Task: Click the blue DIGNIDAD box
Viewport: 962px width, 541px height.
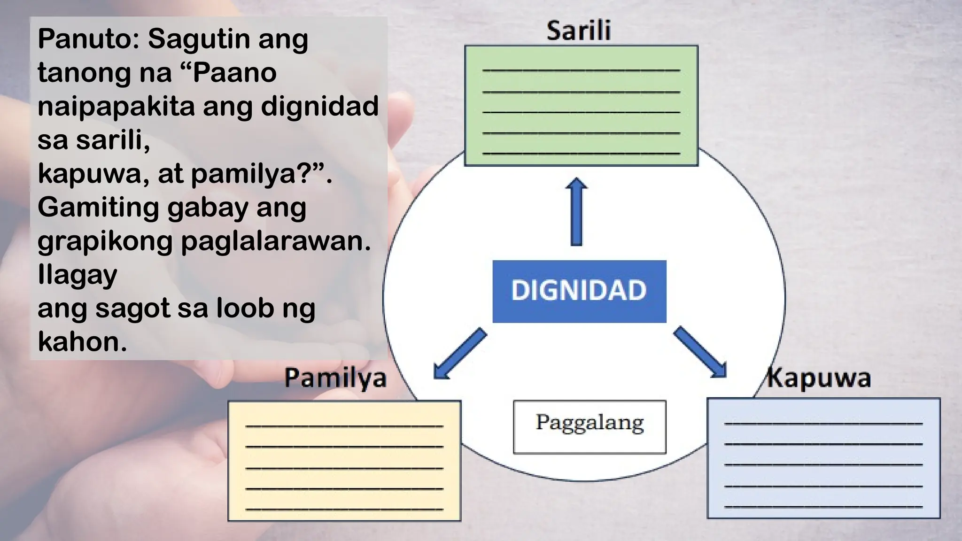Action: [x=579, y=291]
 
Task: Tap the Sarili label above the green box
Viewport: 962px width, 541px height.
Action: [x=579, y=31]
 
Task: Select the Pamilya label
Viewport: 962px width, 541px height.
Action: [x=335, y=379]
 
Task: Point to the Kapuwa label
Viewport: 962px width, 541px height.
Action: [x=819, y=379]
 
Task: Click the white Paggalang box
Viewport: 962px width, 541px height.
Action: [x=590, y=426]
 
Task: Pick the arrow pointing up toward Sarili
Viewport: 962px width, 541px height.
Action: [x=576, y=211]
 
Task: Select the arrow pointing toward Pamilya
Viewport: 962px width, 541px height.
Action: [x=459, y=354]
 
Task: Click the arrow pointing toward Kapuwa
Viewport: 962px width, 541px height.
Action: [x=700, y=353]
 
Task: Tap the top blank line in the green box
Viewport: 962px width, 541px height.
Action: [x=581, y=70]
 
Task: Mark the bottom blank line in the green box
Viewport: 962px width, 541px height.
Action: [x=581, y=153]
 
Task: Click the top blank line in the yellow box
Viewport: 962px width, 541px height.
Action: [x=344, y=426]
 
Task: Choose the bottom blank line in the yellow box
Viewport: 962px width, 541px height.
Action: [x=344, y=509]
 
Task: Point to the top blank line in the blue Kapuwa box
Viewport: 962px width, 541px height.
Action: [x=823, y=424]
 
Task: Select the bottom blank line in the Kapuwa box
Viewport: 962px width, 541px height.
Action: [x=823, y=507]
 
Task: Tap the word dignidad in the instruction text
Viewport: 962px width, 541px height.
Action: [x=319, y=106]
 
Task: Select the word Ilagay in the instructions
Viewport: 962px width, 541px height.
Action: [x=77, y=275]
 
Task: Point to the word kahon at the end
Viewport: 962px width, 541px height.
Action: [x=82, y=342]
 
